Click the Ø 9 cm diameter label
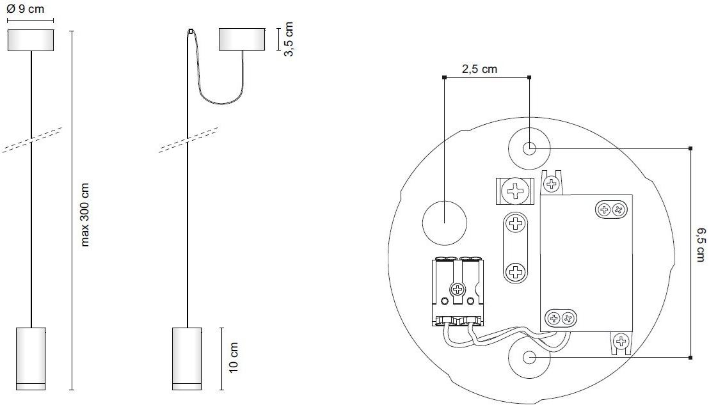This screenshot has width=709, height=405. point(26,8)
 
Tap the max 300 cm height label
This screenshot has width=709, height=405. point(84,215)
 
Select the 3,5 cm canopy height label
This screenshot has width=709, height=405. point(288,39)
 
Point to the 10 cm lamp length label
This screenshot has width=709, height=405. point(234,358)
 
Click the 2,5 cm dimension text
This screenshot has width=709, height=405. point(479,69)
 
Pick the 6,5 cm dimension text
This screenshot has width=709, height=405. point(699,244)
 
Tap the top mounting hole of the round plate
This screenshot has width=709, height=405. point(529,148)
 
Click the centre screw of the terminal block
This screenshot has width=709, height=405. point(458,289)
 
